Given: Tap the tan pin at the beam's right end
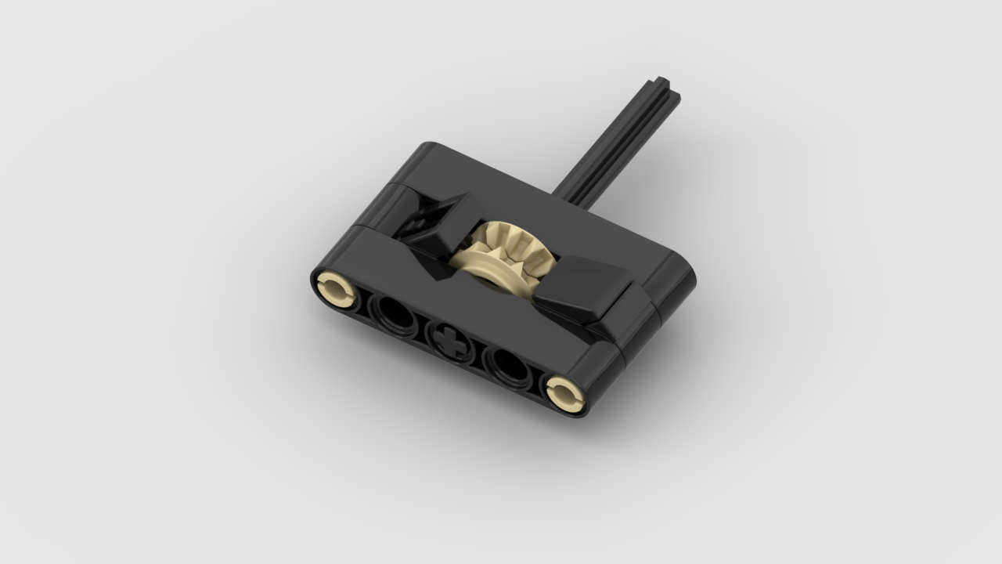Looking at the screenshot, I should click(565, 392).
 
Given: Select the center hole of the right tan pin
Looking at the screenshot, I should click(566, 394).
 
